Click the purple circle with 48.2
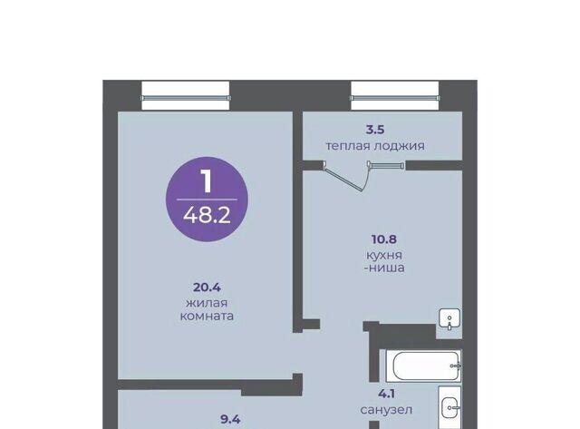coord(207,200)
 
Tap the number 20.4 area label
coord(207,288)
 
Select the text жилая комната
coord(207,310)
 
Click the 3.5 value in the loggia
coord(375,130)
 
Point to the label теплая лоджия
coord(375,146)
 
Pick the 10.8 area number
coord(384,239)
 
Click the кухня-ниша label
coord(384,261)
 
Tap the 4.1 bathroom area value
coord(386,394)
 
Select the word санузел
coord(386,410)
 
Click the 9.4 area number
coord(230,419)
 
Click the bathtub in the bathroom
coord(423,366)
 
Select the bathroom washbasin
coord(449,407)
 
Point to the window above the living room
coord(186,96)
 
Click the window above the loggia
coord(395,96)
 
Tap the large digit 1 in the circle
coord(207,181)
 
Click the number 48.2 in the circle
coord(207,215)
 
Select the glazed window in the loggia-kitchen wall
coord(386,165)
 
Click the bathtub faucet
coord(456,366)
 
